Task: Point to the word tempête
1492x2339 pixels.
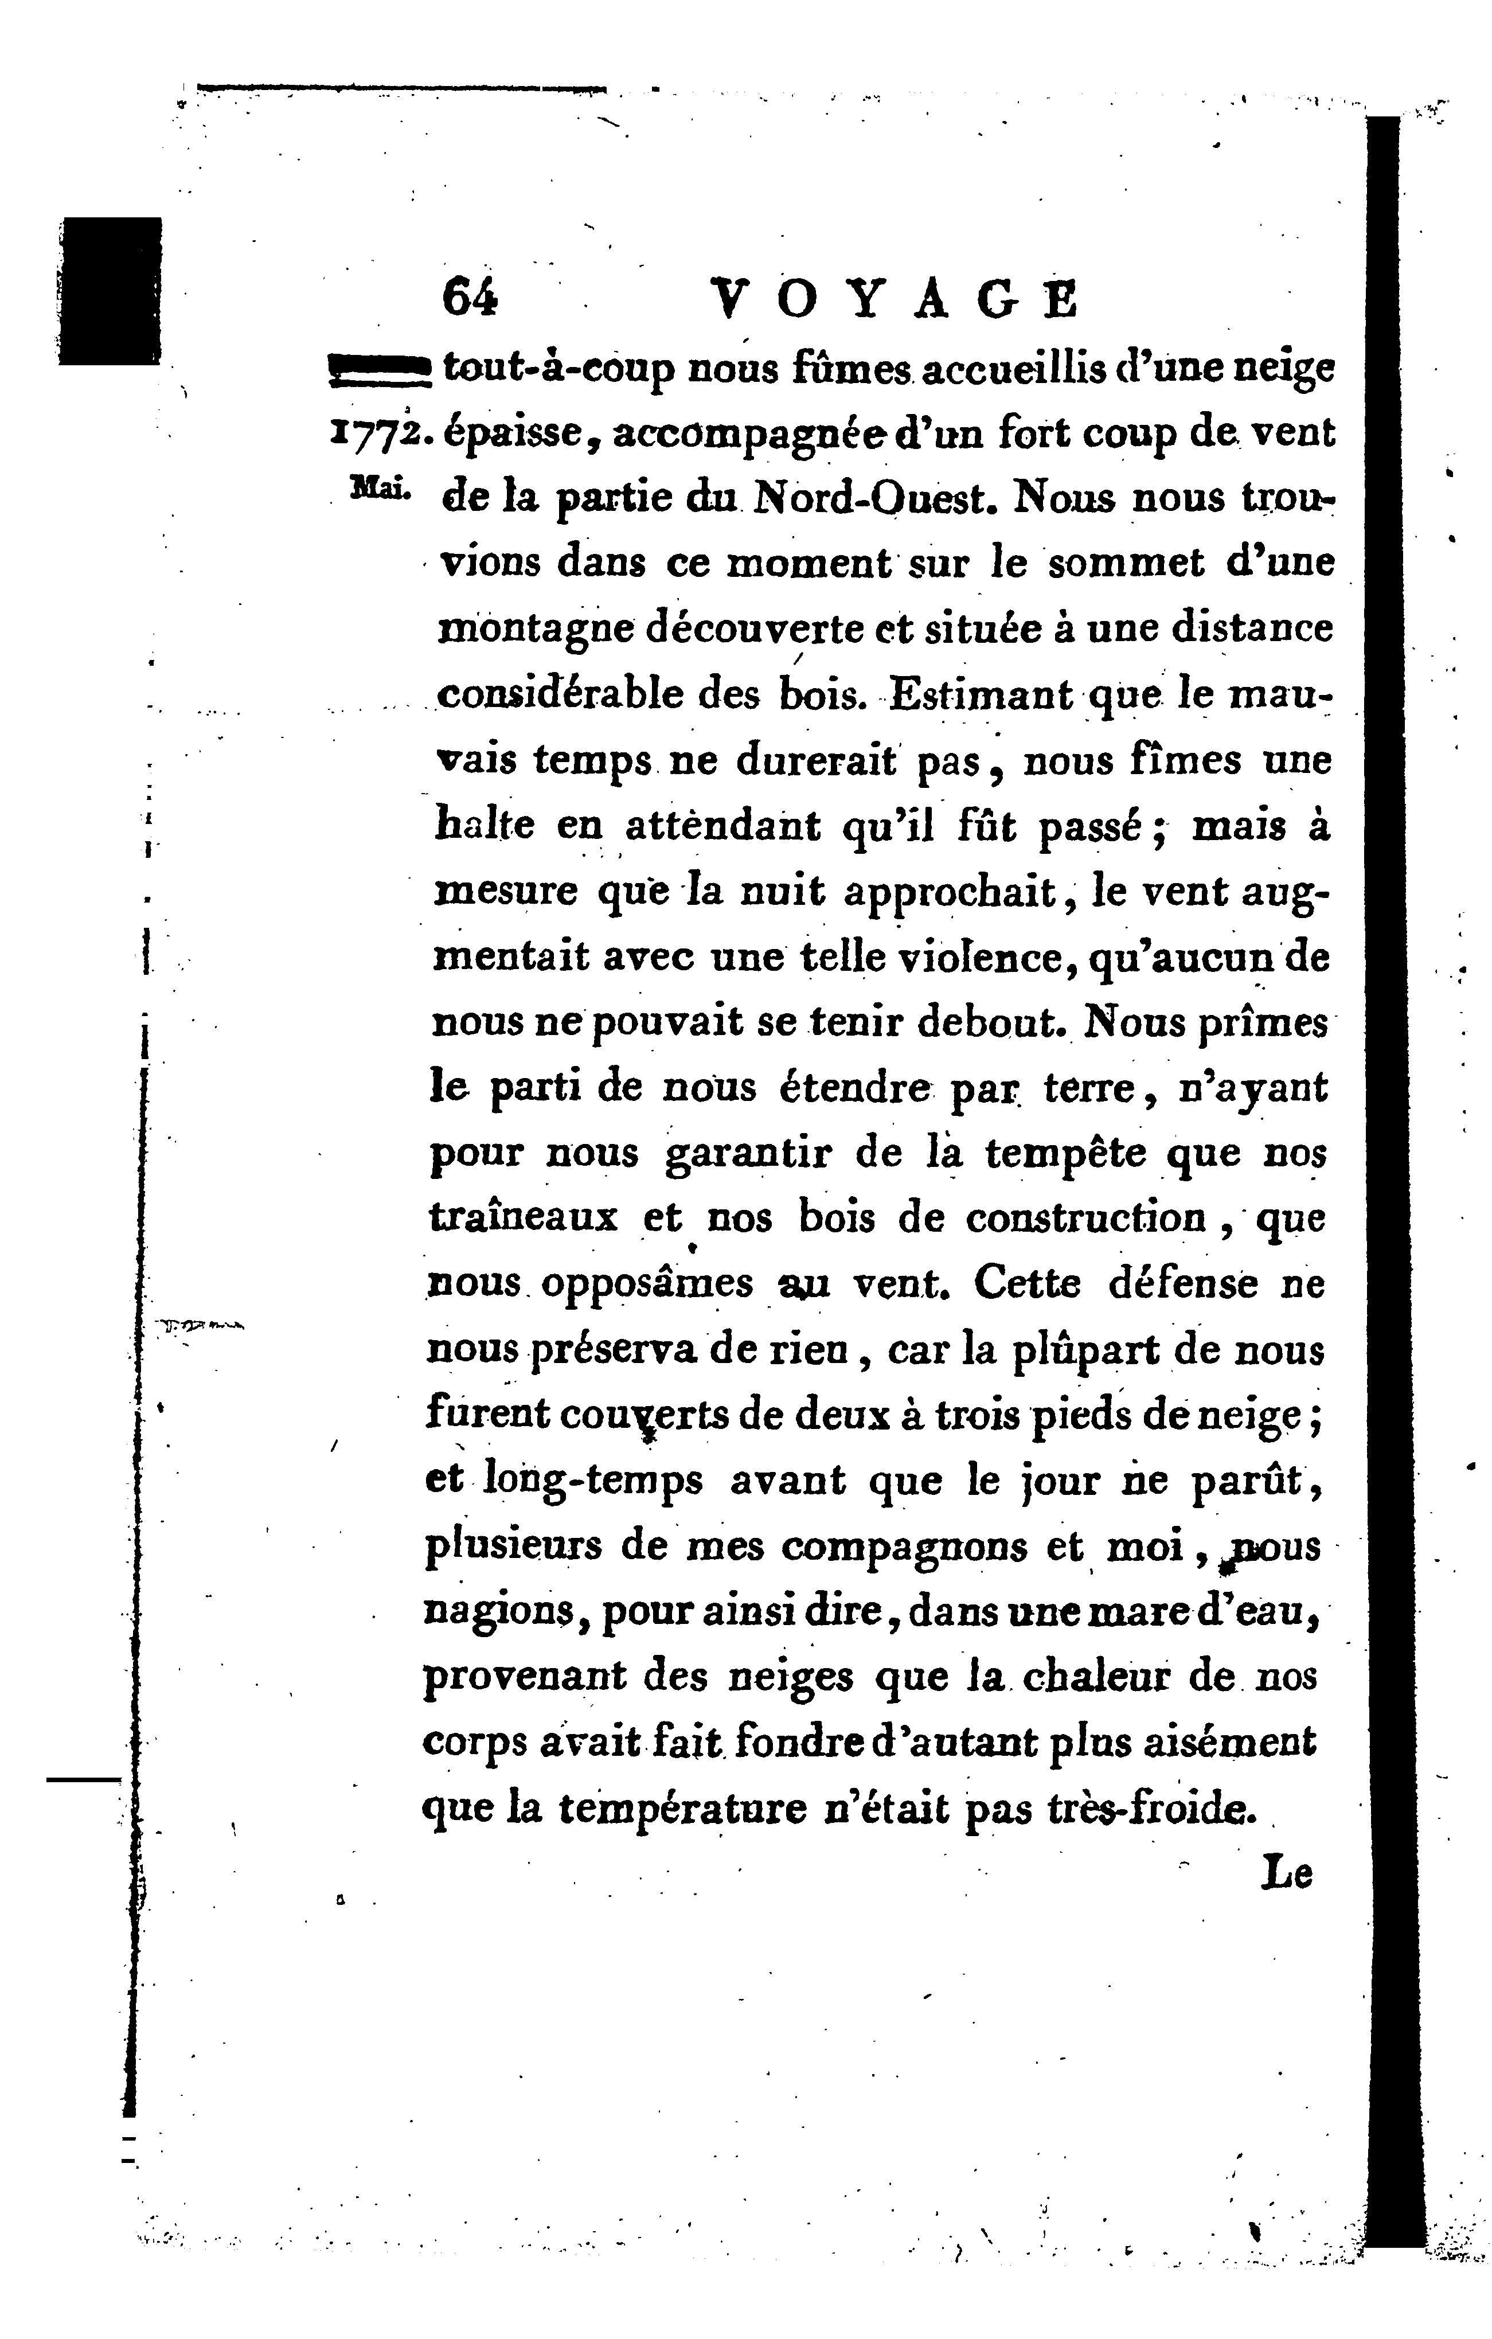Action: [x=1065, y=1153]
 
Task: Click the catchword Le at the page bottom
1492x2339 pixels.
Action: [x=1287, y=1873]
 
